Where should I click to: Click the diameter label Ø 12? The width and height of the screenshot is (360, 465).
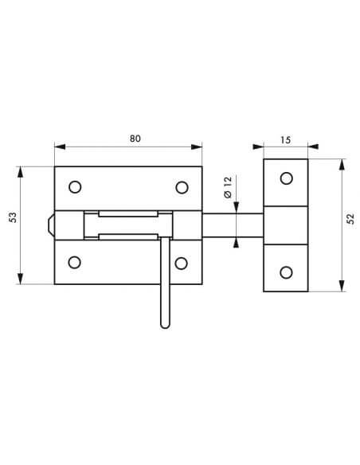(x=228, y=190)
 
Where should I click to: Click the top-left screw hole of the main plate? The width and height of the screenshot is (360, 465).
(x=75, y=187)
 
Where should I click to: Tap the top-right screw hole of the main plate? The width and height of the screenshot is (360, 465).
(x=182, y=187)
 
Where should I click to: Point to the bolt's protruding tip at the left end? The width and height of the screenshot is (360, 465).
(x=51, y=225)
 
